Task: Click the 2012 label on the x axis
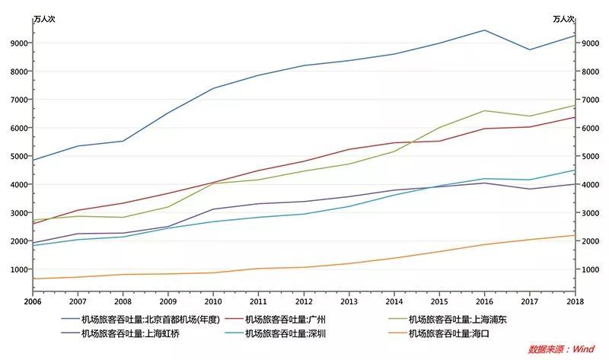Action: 304,303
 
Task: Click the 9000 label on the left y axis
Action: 19,43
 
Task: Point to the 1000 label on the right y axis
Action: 590,269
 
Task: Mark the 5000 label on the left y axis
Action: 19,157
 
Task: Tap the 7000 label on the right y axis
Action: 590,100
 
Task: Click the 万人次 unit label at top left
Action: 44,19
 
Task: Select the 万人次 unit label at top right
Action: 563,19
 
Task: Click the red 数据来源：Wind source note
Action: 561,349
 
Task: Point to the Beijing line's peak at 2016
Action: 484,30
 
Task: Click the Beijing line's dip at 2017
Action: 529,49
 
